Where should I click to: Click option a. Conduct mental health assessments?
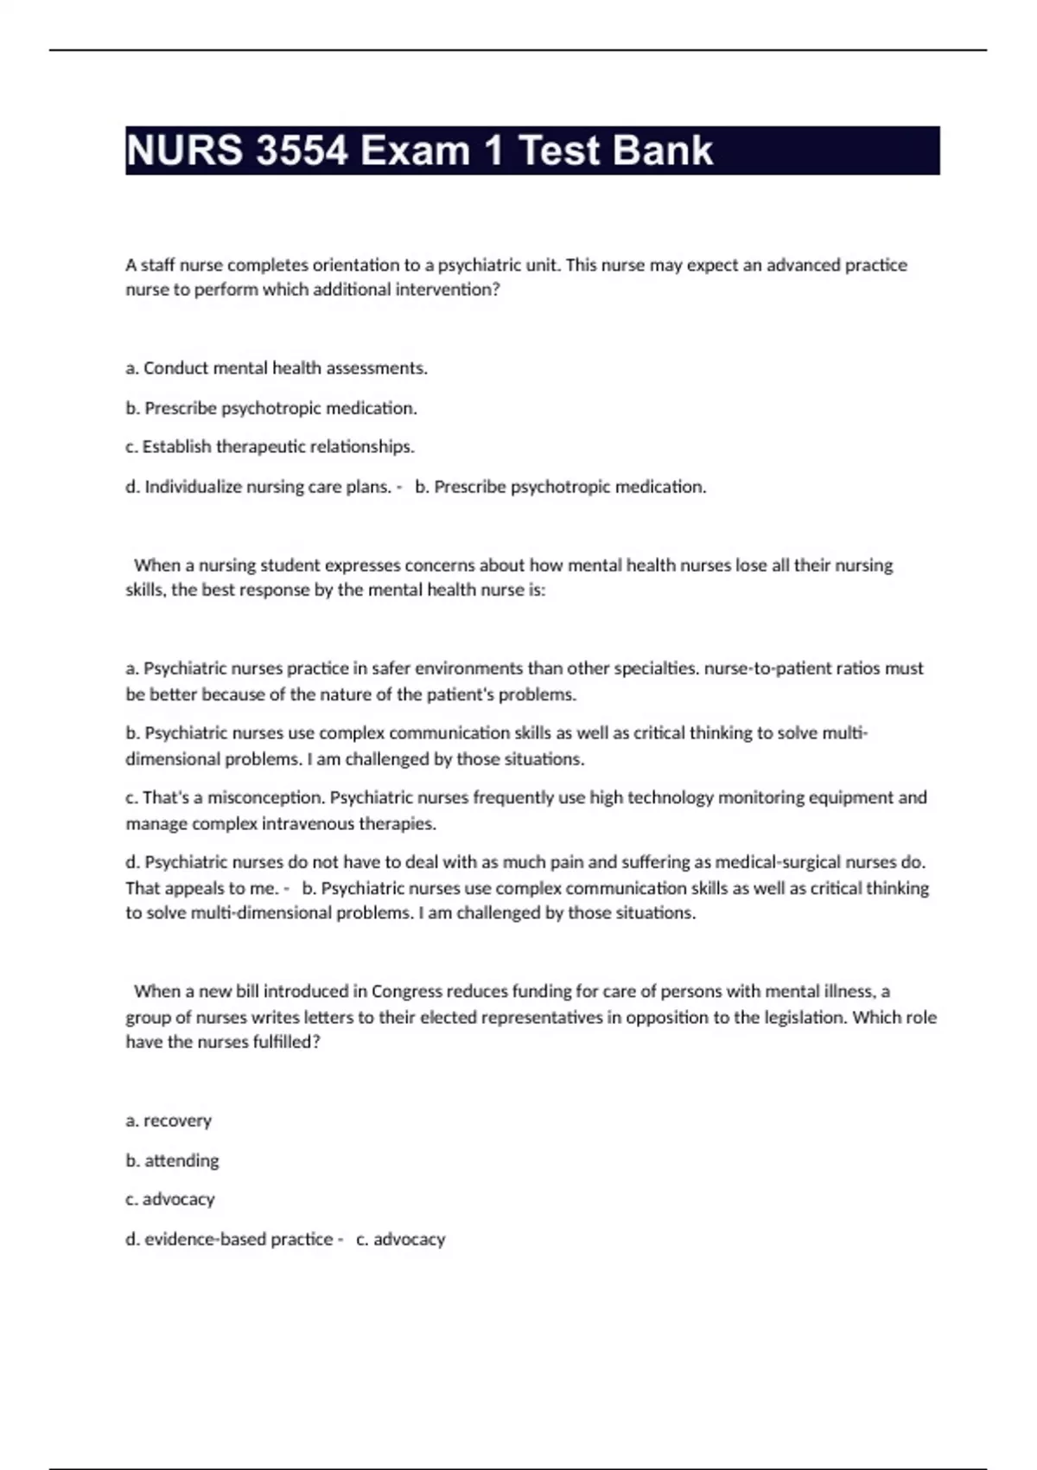pyautogui.click(x=277, y=368)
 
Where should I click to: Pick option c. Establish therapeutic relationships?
pyautogui.click(x=270, y=447)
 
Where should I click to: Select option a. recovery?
pyautogui.click(x=169, y=1121)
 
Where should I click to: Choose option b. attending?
pyautogui.click(x=172, y=1160)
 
